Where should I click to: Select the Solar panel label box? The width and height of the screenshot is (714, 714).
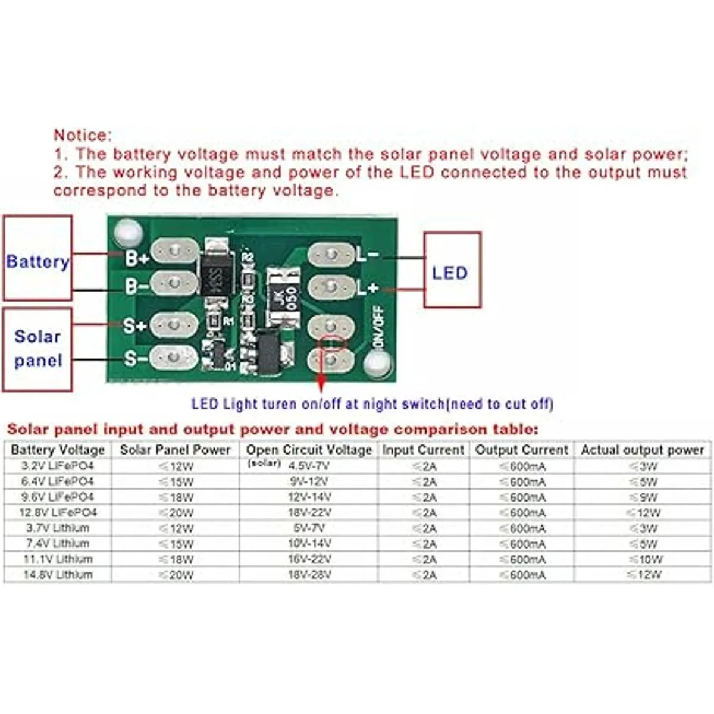coord(37,349)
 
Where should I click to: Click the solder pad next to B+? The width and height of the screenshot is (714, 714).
coord(174,252)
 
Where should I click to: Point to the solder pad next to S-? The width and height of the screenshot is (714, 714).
coord(173,358)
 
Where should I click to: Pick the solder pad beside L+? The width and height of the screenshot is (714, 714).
coord(332,287)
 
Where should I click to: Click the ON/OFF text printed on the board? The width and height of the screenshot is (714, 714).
coord(377,326)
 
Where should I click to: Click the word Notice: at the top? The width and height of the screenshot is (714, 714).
coord(83,135)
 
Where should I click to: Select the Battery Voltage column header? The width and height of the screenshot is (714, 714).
coord(58,450)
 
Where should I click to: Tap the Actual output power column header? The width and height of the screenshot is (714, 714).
coord(642,450)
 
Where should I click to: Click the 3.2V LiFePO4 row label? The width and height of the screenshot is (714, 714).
coord(58,466)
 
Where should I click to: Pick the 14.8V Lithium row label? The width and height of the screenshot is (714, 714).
coord(58,575)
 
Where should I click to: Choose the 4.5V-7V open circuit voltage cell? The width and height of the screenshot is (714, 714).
coord(309,466)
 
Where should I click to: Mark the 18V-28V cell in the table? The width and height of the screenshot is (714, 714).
coord(309,575)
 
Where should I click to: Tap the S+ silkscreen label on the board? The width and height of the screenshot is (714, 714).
coord(134,326)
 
